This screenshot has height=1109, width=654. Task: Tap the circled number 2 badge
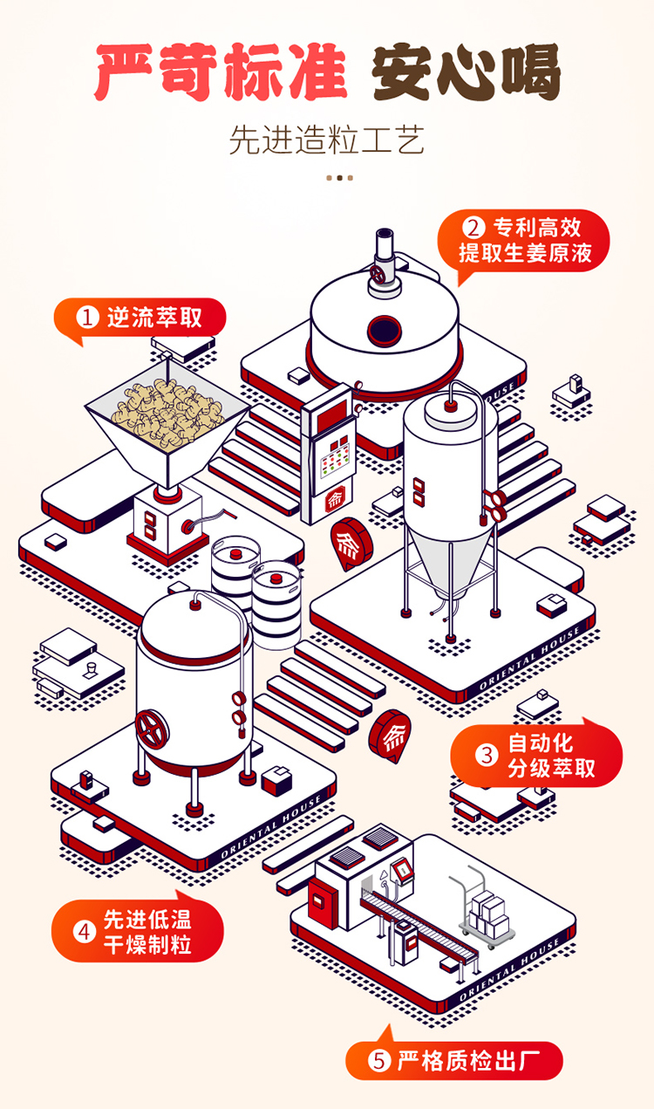(472, 229)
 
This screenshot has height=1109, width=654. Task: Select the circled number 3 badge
(486, 755)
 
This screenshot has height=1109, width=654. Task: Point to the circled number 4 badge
(85, 931)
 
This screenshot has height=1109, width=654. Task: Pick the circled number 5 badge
(378, 1061)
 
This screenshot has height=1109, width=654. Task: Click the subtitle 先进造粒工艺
(327, 140)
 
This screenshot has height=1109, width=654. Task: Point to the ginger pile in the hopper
(167, 409)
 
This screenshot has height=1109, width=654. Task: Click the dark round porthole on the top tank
(383, 330)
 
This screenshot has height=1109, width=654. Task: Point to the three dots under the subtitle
(339, 178)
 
